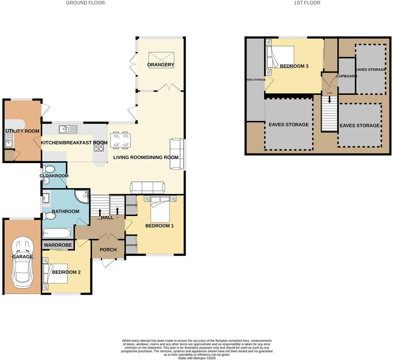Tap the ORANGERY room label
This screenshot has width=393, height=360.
pyautogui.click(x=161, y=65)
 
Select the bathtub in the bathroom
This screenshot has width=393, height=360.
pyautogui.click(x=57, y=234)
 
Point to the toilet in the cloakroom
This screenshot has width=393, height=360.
pyautogui.click(x=49, y=169)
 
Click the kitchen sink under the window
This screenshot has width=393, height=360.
pyautogui.click(x=68, y=129)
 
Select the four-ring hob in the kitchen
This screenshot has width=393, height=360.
pyautogui.click(x=99, y=147)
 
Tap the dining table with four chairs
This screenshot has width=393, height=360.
pyautogui.click(x=120, y=140)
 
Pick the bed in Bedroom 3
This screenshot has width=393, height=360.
pyautogui.click(x=280, y=57)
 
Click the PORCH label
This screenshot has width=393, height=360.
pyautogui.click(x=108, y=250)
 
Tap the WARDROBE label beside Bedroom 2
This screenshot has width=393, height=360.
pyautogui.click(x=58, y=245)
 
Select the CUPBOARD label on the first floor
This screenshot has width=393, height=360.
pyautogui.click(x=347, y=76)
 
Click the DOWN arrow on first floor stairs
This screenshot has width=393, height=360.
pyautogui.click(x=330, y=100)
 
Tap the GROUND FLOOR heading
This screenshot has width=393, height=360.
pyautogui.click(x=85, y=3)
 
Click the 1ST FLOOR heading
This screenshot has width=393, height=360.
pyautogui.click(x=307, y=3)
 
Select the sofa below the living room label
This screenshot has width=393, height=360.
pyautogui.click(x=148, y=188)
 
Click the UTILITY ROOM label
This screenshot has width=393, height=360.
pyautogui.click(x=23, y=131)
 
